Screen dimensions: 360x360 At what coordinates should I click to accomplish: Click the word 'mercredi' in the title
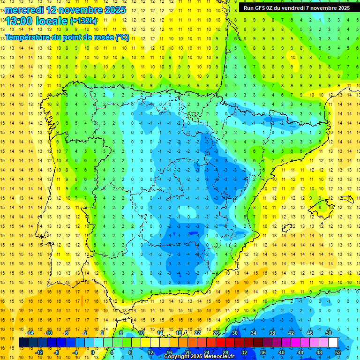coord(24,10)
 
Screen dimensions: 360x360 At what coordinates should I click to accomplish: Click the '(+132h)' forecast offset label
coord(83,21)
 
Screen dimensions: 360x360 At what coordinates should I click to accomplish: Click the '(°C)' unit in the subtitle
coord(122,37)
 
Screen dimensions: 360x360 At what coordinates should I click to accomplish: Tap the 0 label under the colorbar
coord(93,352)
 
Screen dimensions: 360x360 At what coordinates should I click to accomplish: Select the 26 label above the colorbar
coord(216,333)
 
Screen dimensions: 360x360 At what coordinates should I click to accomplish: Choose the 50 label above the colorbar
coord(329,333)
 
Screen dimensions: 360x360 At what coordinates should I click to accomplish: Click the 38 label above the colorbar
coord(272,333)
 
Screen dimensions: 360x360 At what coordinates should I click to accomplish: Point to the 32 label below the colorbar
coord(244,352)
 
